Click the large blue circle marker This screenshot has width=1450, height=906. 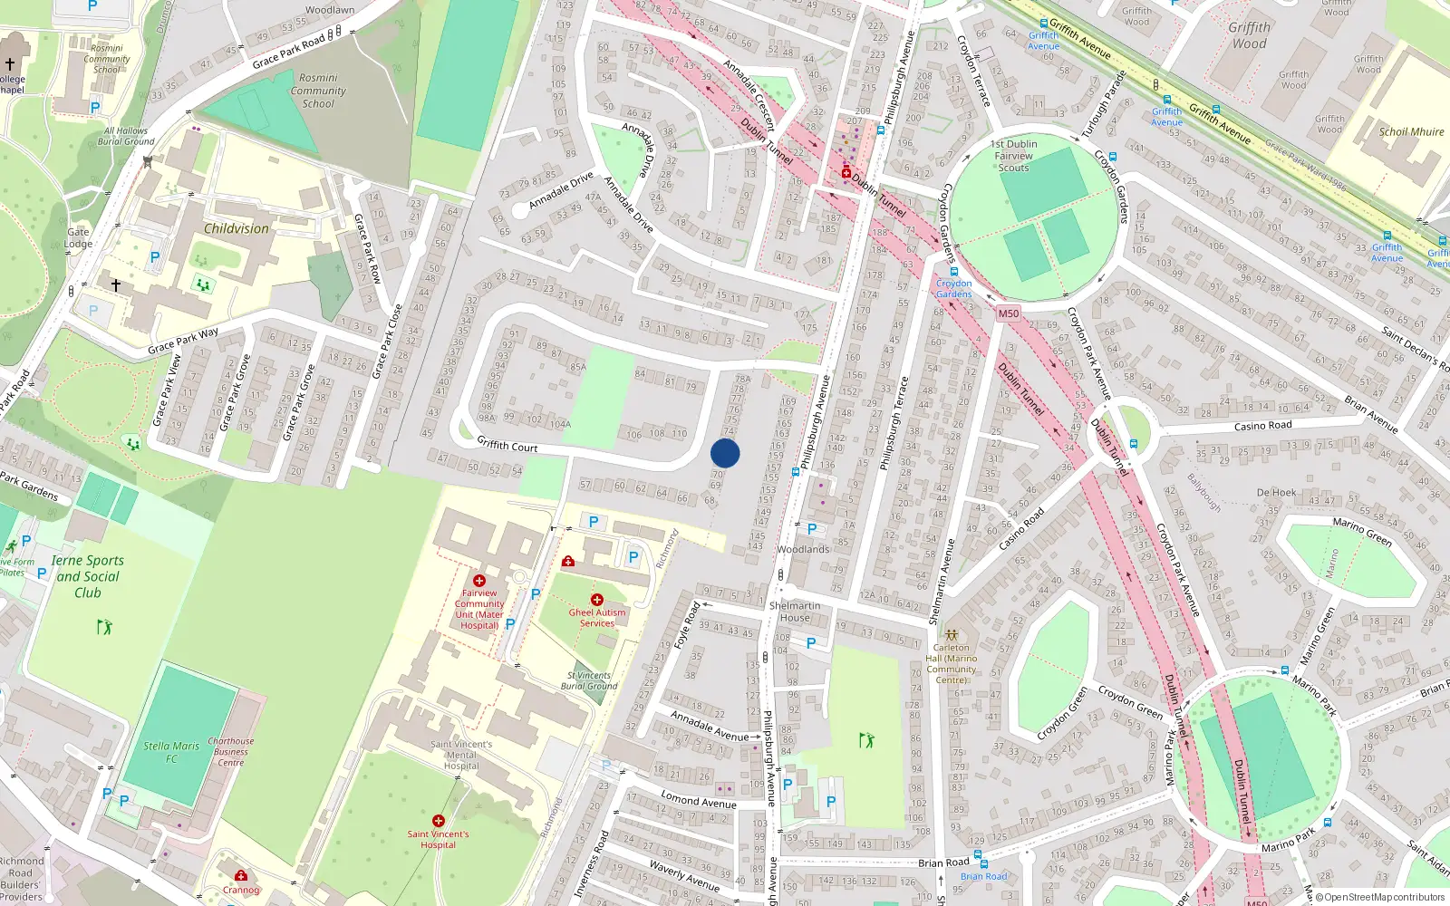pos(725,453)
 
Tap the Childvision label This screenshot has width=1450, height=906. pos(237,229)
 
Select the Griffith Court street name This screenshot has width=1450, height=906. pos(507,445)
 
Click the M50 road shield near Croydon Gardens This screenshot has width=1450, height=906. pos(1008,313)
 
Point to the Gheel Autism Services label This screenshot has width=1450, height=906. pos(597,618)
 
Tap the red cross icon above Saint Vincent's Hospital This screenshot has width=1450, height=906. pos(439,821)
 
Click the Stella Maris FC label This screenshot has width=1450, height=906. pos(171,752)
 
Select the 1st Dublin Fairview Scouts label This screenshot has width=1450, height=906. pos(1014,156)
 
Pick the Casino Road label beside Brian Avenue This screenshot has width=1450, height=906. pos(1262,426)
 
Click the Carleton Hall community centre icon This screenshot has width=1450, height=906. pos(952,634)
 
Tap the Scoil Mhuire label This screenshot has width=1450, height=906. pos(1411,131)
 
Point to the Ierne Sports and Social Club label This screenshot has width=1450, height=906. pos(88,576)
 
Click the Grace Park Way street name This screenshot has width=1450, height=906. pos(183,341)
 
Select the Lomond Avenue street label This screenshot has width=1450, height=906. pos(699,800)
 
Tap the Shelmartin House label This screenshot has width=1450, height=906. pos(795,612)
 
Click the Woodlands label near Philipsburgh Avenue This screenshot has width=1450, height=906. pos(803,549)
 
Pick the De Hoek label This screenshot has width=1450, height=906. pos(1276,493)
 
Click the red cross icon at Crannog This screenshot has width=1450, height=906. pos(241,875)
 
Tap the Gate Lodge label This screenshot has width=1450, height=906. pos(79,237)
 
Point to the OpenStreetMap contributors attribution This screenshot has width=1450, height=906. pos(1379,897)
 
